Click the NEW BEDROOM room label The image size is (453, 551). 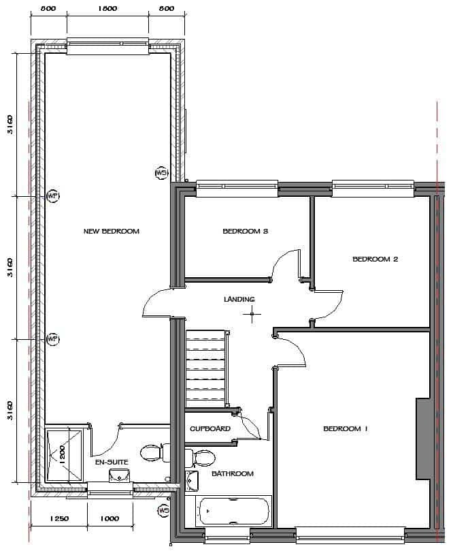coord(111,232)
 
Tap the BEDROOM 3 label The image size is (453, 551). coord(246,232)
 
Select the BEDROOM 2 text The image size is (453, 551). coord(375,259)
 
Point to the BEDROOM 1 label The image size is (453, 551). coord(345,429)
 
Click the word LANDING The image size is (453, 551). coord(239,299)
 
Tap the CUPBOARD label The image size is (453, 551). coord(209,429)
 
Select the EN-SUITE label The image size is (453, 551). coord(111,461)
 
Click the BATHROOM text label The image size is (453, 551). coord(232,473)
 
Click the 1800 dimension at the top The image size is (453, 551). coord(107,9)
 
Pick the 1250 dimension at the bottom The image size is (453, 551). coord(60,519)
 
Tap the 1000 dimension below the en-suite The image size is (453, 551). coord(110,519)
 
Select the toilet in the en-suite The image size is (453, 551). coord(152,452)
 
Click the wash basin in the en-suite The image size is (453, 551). coord(120,475)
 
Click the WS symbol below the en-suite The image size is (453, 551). coord(164,510)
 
